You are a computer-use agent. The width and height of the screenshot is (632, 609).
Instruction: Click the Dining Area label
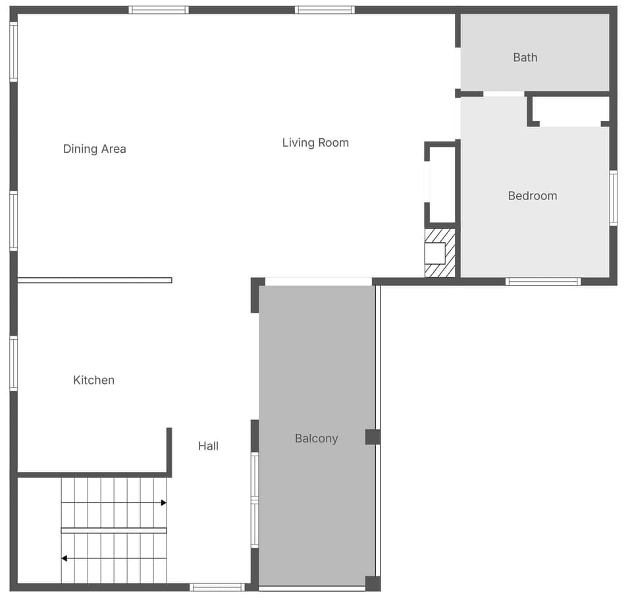pyautogui.click(x=94, y=149)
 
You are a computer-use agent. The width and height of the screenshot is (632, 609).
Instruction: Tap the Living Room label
pyautogui.click(x=315, y=142)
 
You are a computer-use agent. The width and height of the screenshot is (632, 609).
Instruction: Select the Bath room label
pyautogui.click(x=525, y=57)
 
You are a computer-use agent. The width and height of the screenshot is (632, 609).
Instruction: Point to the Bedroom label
pyautogui.click(x=532, y=196)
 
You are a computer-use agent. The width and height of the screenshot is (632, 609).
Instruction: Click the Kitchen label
pyautogui.click(x=93, y=380)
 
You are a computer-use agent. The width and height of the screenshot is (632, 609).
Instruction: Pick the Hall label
pyautogui.click(x=208, y=446)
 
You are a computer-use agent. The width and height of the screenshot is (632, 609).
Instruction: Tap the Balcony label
pyautogui.click(x=316, y=438)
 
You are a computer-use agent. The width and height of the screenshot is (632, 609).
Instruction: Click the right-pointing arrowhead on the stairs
pyautogui.click(x=163, y=502)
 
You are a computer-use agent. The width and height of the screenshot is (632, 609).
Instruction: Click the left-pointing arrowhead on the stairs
pyautogui.click(x=65, y=558)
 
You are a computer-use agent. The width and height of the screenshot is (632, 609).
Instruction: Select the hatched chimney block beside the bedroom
pyautogui.click(x=440, y=253)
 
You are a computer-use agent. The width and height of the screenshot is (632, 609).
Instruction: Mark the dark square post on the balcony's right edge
pyautogui.click(x=373, y=437)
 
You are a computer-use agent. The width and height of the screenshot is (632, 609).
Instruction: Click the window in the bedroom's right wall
pyautogui.click(x=613, y=198)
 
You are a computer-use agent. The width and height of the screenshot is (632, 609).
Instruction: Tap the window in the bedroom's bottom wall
pyautogui.click(x=543, y=281)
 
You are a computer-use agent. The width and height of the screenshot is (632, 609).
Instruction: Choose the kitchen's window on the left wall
pyautogui.click(x=13, y=363)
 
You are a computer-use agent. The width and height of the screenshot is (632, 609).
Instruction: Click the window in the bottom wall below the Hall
pyautogui.click(x=217, y=587)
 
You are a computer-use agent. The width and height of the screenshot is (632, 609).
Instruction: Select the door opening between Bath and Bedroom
pyautogui.click(x=504, y=94)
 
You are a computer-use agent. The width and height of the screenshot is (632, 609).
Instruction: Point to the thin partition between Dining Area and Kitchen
pyautogui.click(x=94, y=280)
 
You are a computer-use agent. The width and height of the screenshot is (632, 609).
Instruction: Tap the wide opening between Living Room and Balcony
pyautogui.click(x=318, y=281)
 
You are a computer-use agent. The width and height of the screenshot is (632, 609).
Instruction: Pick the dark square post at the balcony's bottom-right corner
pyautogui.click(x=373, y=583)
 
